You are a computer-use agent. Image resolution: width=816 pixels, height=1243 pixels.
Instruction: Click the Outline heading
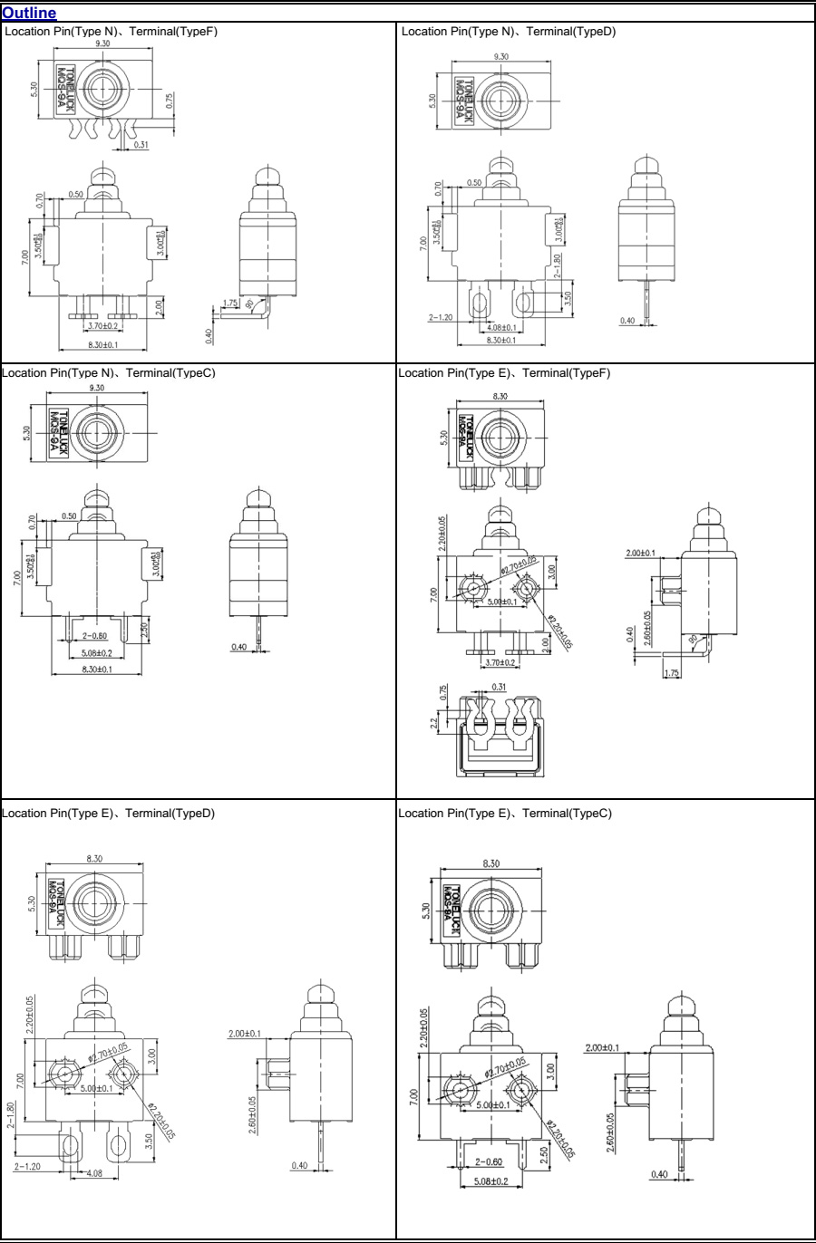point(29,13)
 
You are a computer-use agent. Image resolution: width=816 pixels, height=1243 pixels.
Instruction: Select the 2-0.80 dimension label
point(94,636)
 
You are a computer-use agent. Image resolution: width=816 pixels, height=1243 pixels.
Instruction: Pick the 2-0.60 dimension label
point(490,1161)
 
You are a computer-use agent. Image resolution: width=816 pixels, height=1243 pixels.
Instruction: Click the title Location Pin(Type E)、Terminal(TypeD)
point(108,813)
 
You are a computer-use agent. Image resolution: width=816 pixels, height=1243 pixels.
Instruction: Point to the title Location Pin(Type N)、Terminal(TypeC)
point(108,372)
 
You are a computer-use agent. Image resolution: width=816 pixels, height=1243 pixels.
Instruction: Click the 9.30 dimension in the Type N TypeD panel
point(500,56)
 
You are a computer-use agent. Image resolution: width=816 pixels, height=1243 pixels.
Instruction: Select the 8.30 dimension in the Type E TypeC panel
point(491,863)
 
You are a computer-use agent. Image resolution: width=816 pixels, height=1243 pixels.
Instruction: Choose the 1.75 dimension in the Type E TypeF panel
point(672,673)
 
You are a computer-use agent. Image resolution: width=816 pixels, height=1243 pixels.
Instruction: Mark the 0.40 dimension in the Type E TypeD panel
point(298,1166)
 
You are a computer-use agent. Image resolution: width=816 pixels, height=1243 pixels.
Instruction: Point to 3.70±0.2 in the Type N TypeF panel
point(102,325)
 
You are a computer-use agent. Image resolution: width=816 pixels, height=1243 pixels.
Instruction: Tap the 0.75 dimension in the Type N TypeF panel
point(170,101)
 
